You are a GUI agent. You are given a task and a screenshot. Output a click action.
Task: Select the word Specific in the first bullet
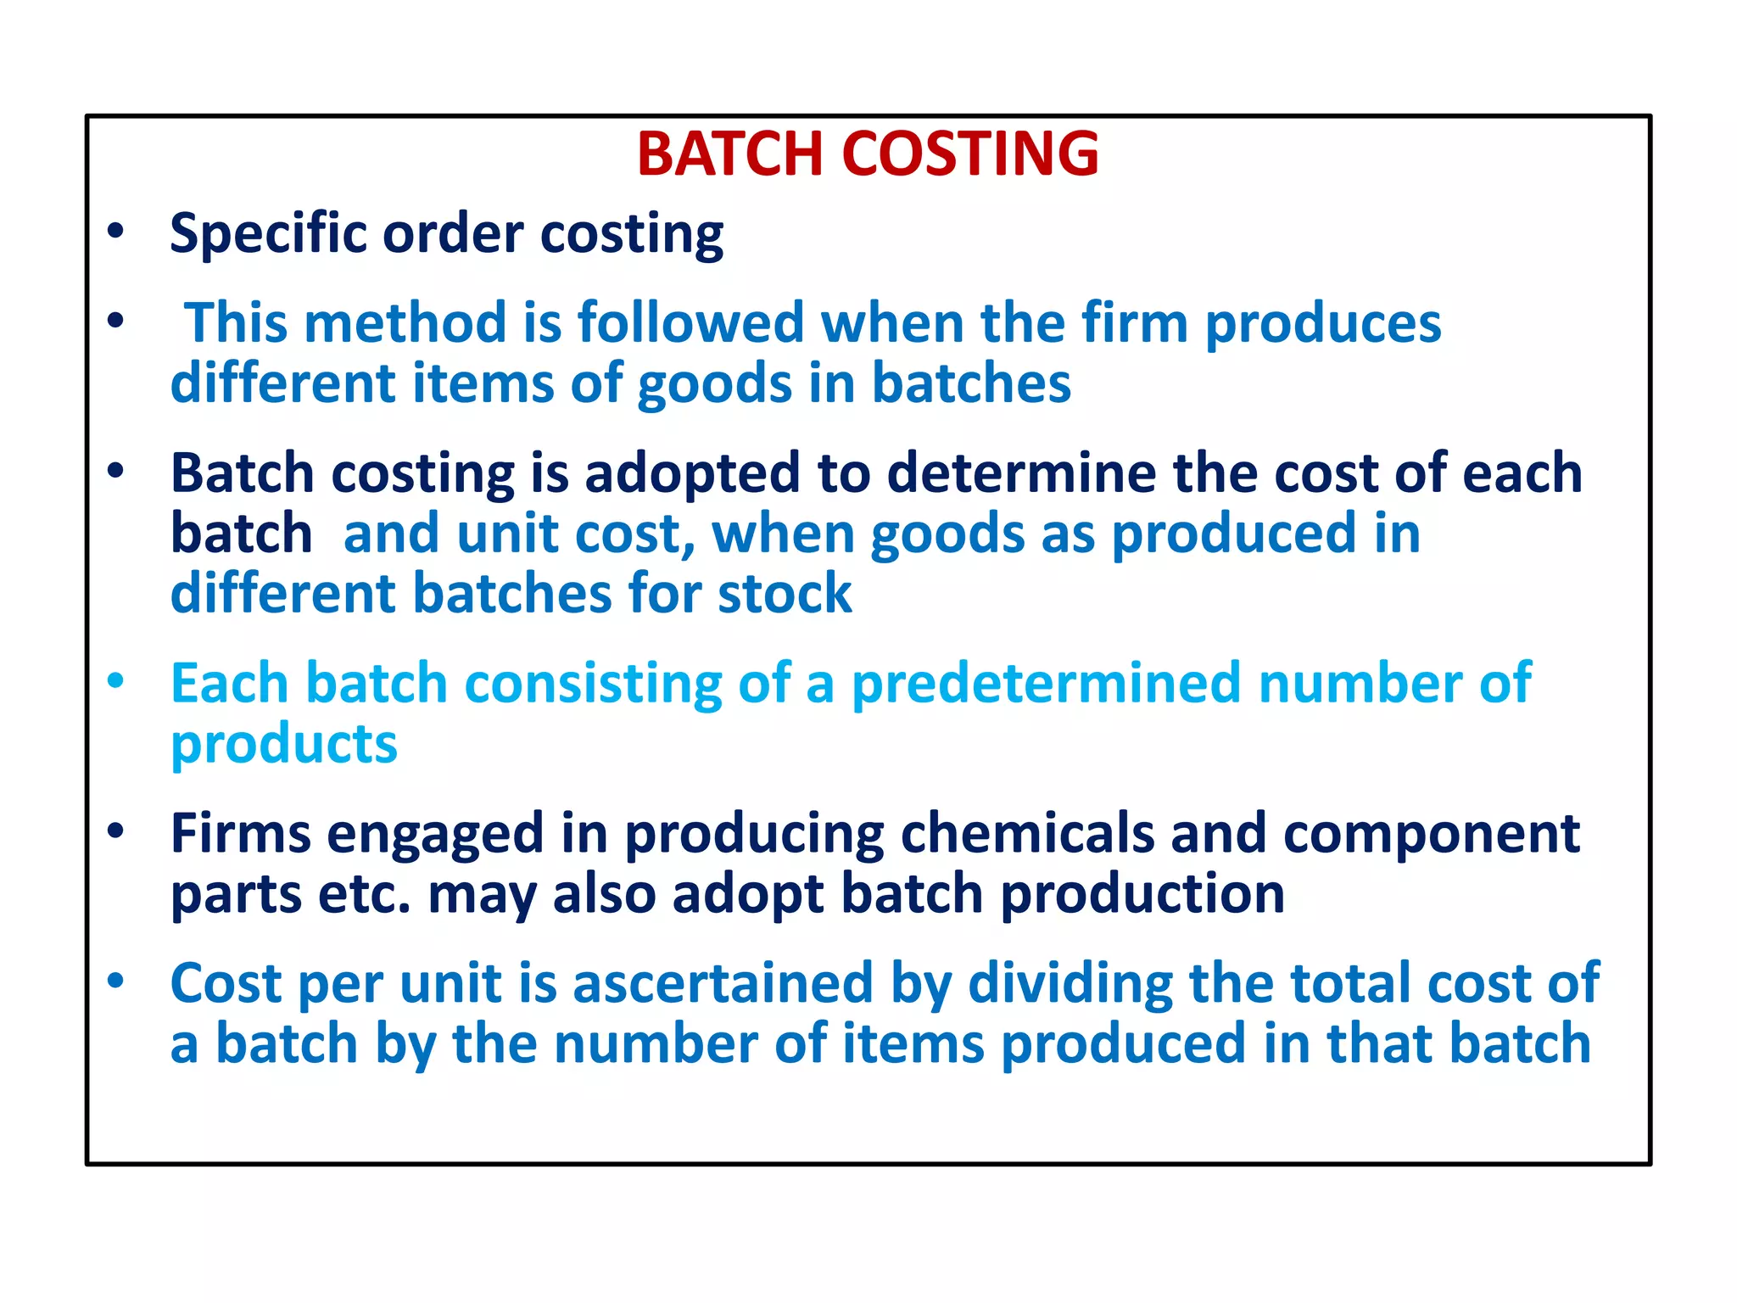264,234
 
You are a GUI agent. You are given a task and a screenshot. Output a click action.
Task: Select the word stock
785,594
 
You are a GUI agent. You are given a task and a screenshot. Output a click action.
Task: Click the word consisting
593,684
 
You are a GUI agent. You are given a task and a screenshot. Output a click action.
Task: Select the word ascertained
723,984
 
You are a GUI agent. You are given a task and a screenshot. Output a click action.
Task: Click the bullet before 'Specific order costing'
116,231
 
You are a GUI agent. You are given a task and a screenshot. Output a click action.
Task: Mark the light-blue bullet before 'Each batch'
116,680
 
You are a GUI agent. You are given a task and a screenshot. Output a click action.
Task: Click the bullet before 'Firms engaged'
116,830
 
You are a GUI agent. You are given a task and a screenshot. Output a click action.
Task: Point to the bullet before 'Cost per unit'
116,981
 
